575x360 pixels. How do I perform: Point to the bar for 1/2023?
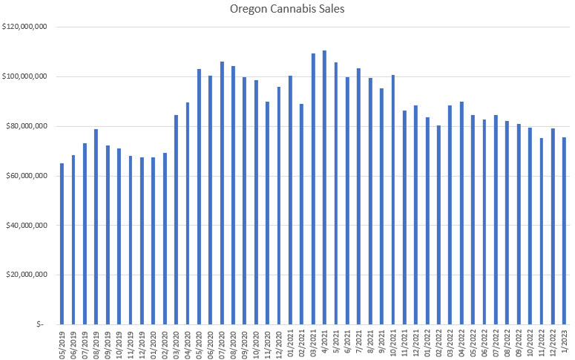pyautogui.click(x=565, y=230)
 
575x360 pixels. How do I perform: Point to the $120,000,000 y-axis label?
pyautogui.click(x=26, y=27)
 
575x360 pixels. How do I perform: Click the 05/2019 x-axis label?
pyautogui.click(x=62, y=342)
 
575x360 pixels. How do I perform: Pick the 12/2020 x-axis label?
pyautogui.click(x=279, y=342)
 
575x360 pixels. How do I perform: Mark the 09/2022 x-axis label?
pyautogui.click(x=519, y=342)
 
